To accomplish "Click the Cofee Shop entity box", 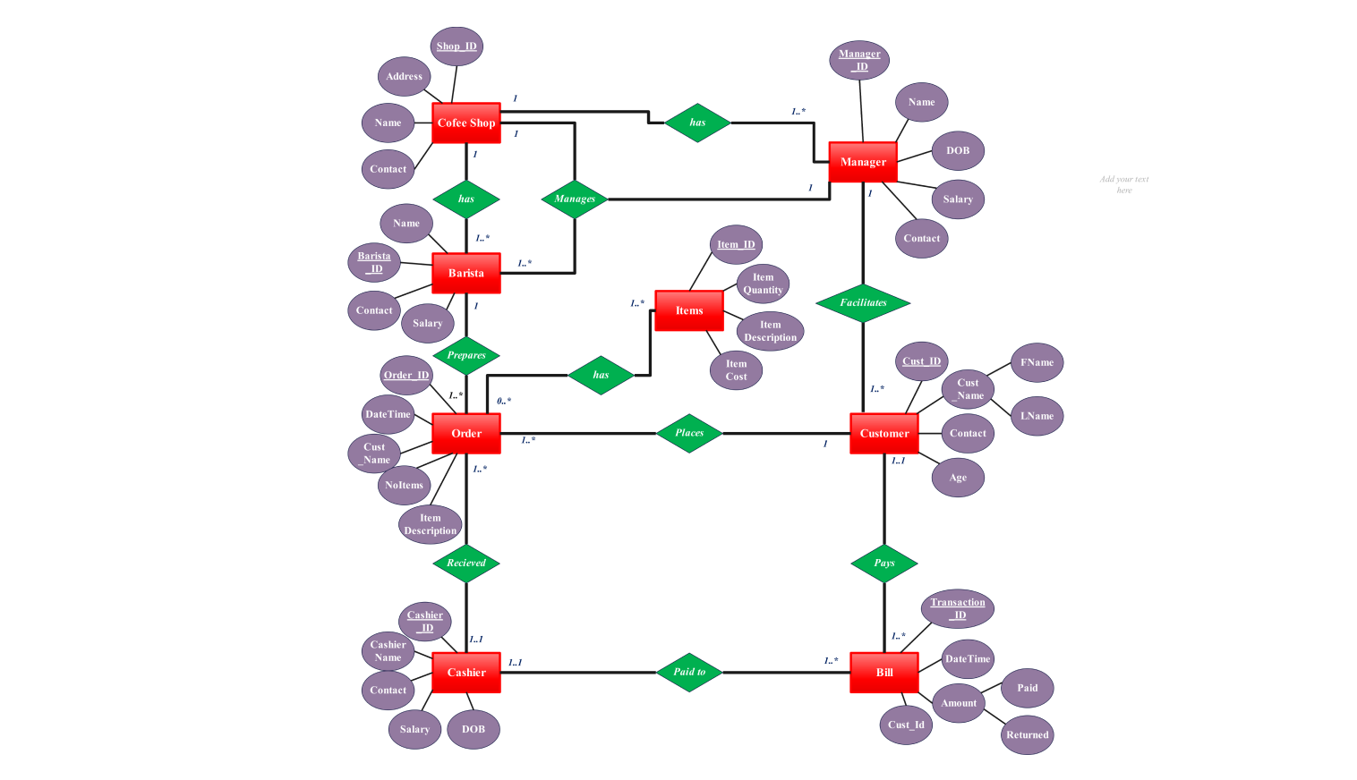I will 465,123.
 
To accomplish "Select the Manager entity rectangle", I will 863,162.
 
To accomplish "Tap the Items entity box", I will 688,310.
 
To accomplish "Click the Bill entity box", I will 883,673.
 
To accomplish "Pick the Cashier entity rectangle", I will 465,673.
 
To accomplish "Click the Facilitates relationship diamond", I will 863,302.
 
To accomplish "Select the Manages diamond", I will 575,199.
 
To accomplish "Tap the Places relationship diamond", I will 689,433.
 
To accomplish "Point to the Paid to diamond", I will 689,672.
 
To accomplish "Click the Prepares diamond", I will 466,355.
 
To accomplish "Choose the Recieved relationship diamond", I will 466,563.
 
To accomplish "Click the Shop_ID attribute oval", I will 457,47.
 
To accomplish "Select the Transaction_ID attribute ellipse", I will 957,608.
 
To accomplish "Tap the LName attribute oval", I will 1037,416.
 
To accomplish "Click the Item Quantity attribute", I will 763,284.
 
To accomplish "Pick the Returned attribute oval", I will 1027,735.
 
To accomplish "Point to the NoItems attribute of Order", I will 404,485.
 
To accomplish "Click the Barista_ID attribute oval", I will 374,262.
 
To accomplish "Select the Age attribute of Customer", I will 958,478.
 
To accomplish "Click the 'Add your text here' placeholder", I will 1124,184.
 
